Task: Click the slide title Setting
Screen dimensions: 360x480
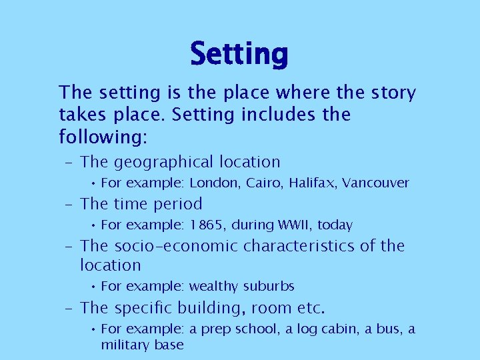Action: [x=239, y=54]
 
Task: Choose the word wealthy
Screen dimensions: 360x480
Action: [x=213, y=287]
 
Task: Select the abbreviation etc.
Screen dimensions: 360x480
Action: [x=311, y=309]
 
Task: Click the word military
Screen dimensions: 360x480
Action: [x=125, y=345]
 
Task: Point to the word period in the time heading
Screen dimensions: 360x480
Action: [x=178, y=205]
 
